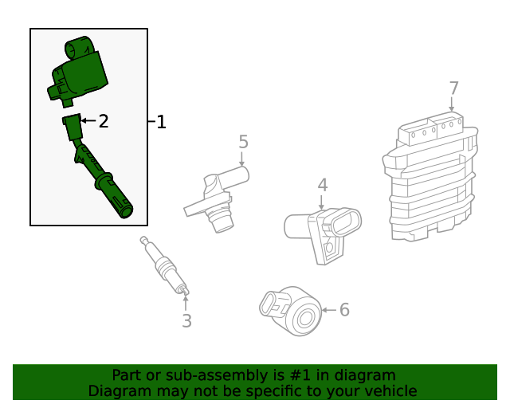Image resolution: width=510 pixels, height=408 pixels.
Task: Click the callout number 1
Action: pos(161,122)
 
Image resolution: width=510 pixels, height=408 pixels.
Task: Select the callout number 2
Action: pos(104,121)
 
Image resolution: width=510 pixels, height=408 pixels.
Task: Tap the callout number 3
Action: pos(186,321)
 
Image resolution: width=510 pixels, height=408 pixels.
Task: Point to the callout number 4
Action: pos(322,185)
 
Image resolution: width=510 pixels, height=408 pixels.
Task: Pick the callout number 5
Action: pos(243,142)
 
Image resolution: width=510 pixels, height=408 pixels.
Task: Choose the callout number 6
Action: pos(344,310)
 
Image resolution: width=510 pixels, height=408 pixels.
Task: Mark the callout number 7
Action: pos(453,88)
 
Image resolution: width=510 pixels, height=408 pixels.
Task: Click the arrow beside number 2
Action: pos(88,120)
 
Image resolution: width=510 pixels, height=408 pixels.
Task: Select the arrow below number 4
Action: pos(321,202)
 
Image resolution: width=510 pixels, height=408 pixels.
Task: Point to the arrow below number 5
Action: pos(241,159)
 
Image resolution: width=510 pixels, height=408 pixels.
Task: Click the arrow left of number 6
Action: pos(329,310)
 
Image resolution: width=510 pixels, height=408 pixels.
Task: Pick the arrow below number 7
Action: pos(452,104)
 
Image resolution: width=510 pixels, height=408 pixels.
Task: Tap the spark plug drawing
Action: pos(165,266)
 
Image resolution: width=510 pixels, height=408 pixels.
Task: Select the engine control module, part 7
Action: pos(430,178)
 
